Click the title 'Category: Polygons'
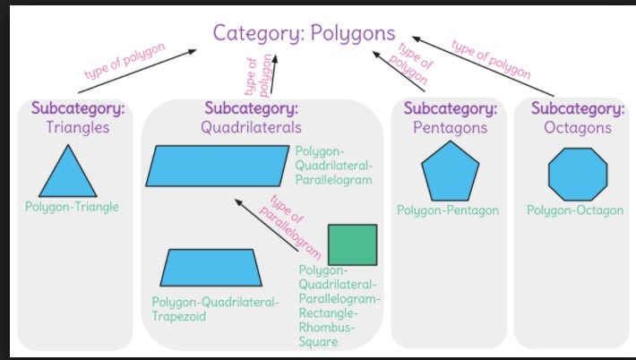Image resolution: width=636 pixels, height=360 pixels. click(x=304, y=33)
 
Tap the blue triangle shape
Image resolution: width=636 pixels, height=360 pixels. click(x=67, y=171)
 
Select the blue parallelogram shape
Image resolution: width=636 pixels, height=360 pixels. click(x=219, y=165)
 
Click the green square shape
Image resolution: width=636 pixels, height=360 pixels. click(x=352, y=244)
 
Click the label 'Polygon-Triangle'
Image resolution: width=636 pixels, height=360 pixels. click(x=72, y=207)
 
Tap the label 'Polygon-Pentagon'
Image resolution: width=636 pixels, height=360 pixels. click(x=448, y=210)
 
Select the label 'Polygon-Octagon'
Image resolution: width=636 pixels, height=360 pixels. click(x=574, y=210)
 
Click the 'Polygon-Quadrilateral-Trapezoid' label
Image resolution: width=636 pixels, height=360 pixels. click(x=215, y=309)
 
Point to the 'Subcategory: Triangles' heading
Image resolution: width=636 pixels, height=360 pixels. click(x=78, y=118)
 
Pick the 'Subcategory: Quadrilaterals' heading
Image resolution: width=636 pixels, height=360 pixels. click(x=251, y=118)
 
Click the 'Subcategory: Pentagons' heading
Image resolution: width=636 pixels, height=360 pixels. click(x=450, y=118)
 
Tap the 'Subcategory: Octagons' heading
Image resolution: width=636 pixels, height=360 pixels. click(x=577, y=118)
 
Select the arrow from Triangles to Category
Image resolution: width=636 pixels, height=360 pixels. click(x=139, y=71)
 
